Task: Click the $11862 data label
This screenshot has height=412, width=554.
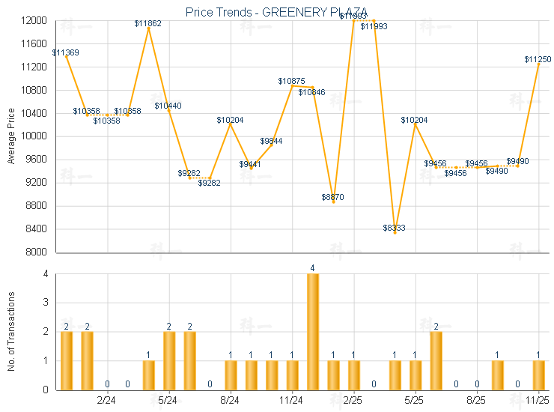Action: [147, 24]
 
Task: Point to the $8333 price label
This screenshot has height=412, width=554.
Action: [394, 228]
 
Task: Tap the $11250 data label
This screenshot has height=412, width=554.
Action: [538, 59]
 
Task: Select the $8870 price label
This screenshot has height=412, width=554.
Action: [333, 197]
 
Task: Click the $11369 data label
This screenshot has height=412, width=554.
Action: [66, 52]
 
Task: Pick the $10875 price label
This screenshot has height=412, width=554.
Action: [291, 81]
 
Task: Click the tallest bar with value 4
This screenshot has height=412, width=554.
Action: [312, 331]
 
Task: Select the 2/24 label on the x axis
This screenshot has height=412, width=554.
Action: [107, 401]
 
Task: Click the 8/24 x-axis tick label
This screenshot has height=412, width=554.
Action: [231, 401]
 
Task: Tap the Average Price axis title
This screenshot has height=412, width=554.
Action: [10, 136]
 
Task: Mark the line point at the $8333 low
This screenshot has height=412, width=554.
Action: [395, 232]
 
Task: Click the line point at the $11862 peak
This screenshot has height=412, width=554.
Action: [148, 28]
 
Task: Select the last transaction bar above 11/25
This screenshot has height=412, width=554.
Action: [538, 375]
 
